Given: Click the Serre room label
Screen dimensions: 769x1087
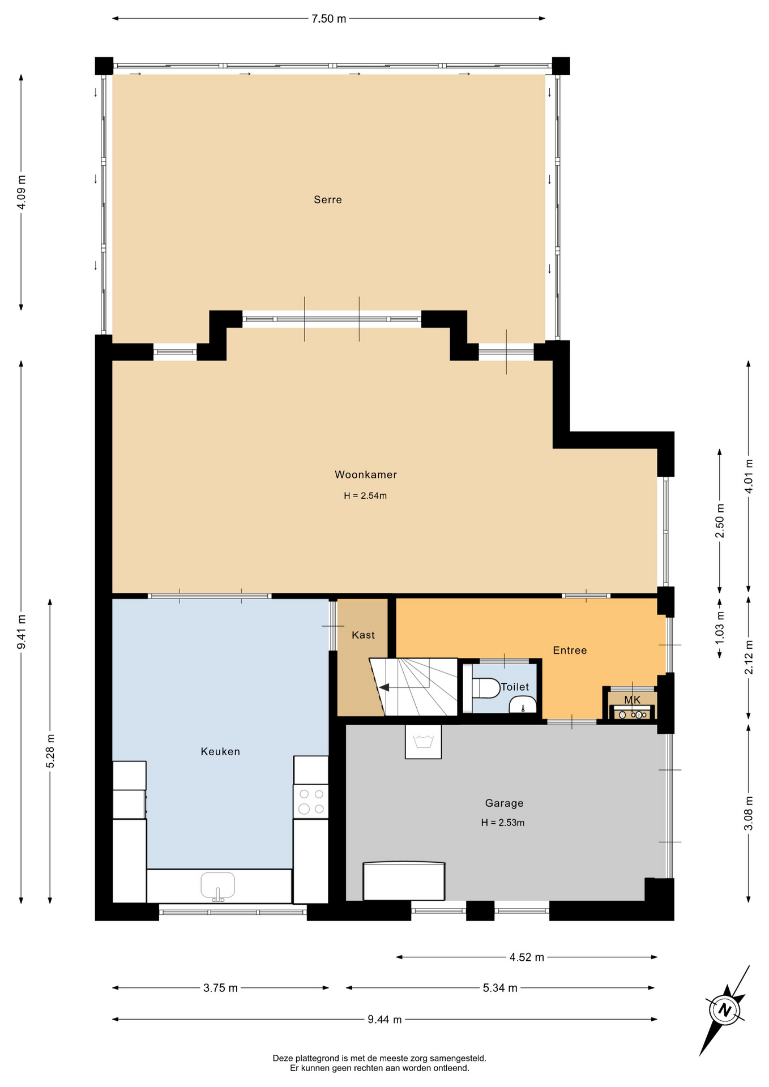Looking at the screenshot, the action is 328,200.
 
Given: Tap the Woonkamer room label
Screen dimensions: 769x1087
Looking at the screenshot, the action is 366,475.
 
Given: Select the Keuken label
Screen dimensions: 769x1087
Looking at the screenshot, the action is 220,752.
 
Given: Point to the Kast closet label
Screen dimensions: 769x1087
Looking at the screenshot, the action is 363,635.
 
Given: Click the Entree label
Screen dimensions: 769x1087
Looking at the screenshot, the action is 570,651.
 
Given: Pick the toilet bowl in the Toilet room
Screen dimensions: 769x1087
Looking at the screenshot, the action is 486,688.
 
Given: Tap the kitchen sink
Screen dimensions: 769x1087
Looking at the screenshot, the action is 218,886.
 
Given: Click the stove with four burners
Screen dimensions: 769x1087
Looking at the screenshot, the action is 311,802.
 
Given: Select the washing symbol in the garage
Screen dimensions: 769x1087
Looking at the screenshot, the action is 423,741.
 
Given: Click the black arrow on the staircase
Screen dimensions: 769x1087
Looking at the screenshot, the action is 384,687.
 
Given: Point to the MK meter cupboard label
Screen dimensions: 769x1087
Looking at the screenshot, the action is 632,700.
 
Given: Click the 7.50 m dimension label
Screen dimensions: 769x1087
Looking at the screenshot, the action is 328,19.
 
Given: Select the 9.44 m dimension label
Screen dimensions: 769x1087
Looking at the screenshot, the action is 384,1020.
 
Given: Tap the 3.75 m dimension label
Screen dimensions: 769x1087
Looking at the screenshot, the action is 220,988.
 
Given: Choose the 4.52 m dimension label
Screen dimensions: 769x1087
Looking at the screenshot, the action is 527,957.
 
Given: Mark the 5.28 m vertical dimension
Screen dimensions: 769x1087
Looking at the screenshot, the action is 50,751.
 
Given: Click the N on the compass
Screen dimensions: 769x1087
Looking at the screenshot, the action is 724,1009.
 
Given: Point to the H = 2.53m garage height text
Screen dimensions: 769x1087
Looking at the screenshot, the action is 503,823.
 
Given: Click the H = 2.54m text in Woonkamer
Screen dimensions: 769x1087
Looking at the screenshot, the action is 365,496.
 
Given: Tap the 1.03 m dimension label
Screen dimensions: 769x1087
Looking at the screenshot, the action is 720,627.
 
